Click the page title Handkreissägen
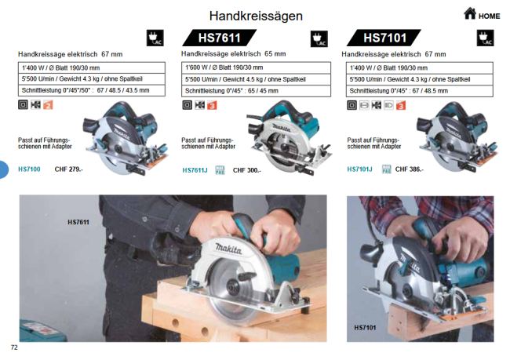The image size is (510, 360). click(x=256, y=16)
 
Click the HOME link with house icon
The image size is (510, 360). click(x=481, y=14)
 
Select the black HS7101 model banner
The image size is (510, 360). click(x=384, y=38)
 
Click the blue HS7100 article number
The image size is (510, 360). click(x=29, y=169)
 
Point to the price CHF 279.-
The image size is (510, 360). click(x=68, y=169)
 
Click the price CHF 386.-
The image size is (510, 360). click(x=408, y=169)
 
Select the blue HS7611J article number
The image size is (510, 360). click(x=195, y=170)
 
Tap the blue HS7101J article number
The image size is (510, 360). click(x=359, y=169)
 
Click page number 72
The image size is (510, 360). click(x=14, y=347)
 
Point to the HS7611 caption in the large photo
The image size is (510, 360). click(x=78, y=223)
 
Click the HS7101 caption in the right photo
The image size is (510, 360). click(x=366, y=327)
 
